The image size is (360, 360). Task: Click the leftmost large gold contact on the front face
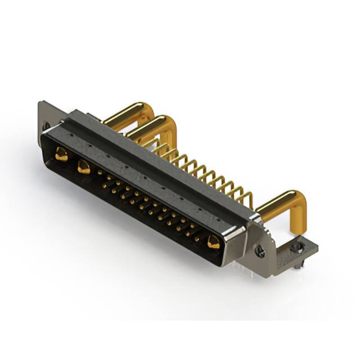[x=61, y=153]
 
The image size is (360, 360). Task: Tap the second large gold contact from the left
[x=84, y=166]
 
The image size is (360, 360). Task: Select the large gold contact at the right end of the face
[x=213, y=242]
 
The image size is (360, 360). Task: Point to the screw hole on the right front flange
[x=260, y=251]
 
